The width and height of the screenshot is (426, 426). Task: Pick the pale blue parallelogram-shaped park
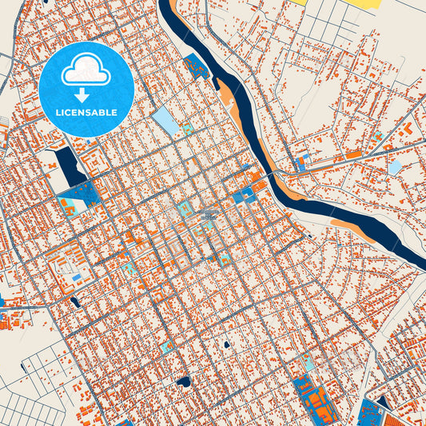[166, 120]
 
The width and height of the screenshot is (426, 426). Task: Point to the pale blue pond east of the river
[395, 167]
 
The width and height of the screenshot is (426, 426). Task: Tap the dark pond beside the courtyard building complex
[75, 302]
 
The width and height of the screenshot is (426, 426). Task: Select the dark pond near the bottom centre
[184, 381]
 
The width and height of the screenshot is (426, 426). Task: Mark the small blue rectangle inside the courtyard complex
[76, 277]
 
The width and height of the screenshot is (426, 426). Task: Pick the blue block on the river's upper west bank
[195, 67]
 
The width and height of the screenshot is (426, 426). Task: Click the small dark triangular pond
[383, 402]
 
